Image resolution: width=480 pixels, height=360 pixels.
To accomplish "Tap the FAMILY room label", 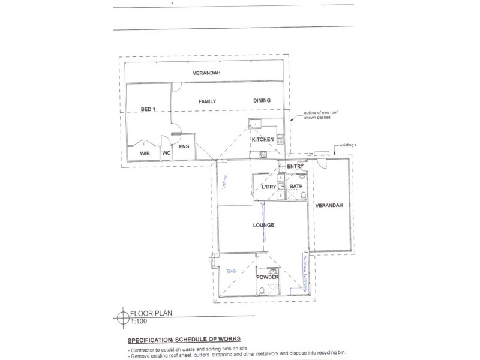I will point(207,101).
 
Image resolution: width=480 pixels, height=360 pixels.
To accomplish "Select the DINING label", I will point(262,100).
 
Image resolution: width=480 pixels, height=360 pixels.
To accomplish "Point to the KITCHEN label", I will point(263,139).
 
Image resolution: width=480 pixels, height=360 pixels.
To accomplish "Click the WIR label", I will point(145,154).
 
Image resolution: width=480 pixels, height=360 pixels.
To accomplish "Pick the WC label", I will point(166,154).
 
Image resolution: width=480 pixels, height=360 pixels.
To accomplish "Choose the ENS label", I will point(184,146).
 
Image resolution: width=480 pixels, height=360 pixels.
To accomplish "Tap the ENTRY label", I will point(295,166).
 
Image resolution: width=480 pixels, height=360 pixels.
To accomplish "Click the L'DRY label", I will point(269,187).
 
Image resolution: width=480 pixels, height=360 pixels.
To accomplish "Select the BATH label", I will point(296,187).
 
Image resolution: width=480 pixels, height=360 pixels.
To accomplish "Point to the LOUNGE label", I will point(264,225).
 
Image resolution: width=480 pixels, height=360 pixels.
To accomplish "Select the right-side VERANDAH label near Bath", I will point(329,205).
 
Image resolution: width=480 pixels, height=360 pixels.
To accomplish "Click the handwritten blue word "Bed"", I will point(232,271).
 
